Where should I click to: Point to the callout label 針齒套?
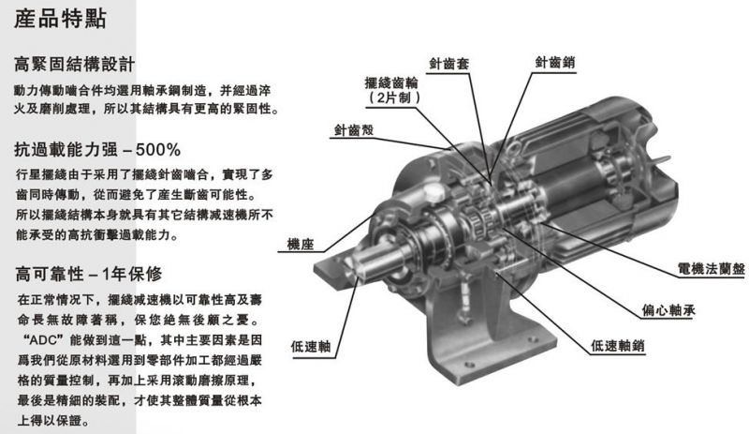coord(449,68)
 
